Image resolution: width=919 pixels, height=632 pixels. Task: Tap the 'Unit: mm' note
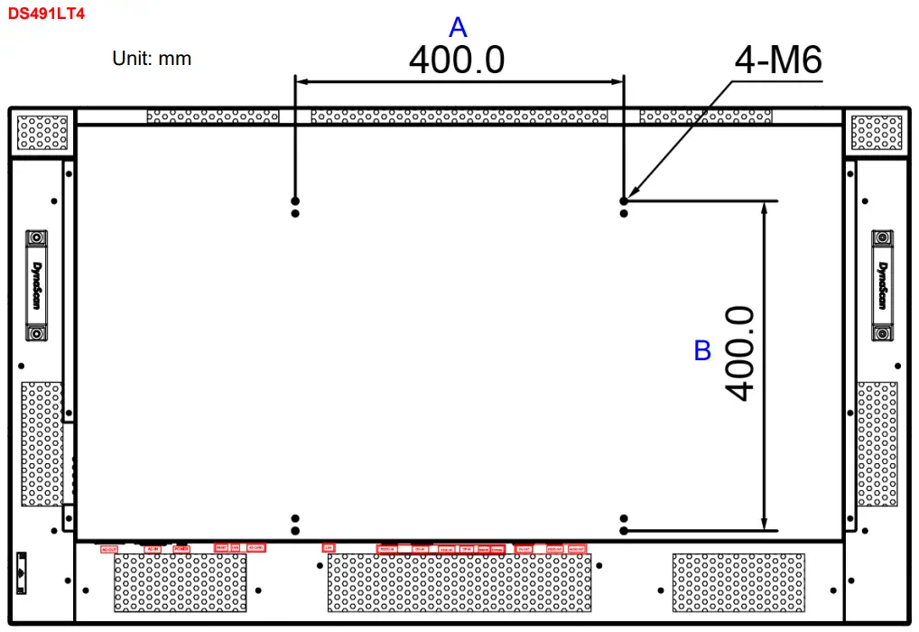click(152, 59)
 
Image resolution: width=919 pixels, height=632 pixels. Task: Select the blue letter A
click(458, 27)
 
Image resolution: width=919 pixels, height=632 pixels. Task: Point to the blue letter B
click(702, 351)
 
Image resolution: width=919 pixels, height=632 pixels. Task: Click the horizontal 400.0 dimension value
click(457, 60)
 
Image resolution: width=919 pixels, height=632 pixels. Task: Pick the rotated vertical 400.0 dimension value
click(739, 352)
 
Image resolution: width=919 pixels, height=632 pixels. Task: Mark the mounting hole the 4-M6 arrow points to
click(623, 200)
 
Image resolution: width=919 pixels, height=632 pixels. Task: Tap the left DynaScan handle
click(36, 285)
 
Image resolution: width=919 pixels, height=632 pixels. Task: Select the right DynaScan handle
click(884, 285)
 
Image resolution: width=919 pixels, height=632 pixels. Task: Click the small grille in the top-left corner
click(42, 132)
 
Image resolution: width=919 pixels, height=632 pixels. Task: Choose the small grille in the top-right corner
click(877, 132)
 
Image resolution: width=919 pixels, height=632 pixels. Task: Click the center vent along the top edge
click(459, 116)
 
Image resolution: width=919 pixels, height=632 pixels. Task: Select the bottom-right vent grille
click(738, 583)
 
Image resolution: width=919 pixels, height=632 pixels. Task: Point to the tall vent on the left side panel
click(42, 443)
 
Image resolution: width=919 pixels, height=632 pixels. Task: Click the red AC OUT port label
click(109, 548)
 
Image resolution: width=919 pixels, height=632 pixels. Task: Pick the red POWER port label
click(181, 548)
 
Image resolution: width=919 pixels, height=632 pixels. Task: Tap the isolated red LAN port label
click(328, 547)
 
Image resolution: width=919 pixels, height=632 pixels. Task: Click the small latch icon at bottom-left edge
click(23, 567)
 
